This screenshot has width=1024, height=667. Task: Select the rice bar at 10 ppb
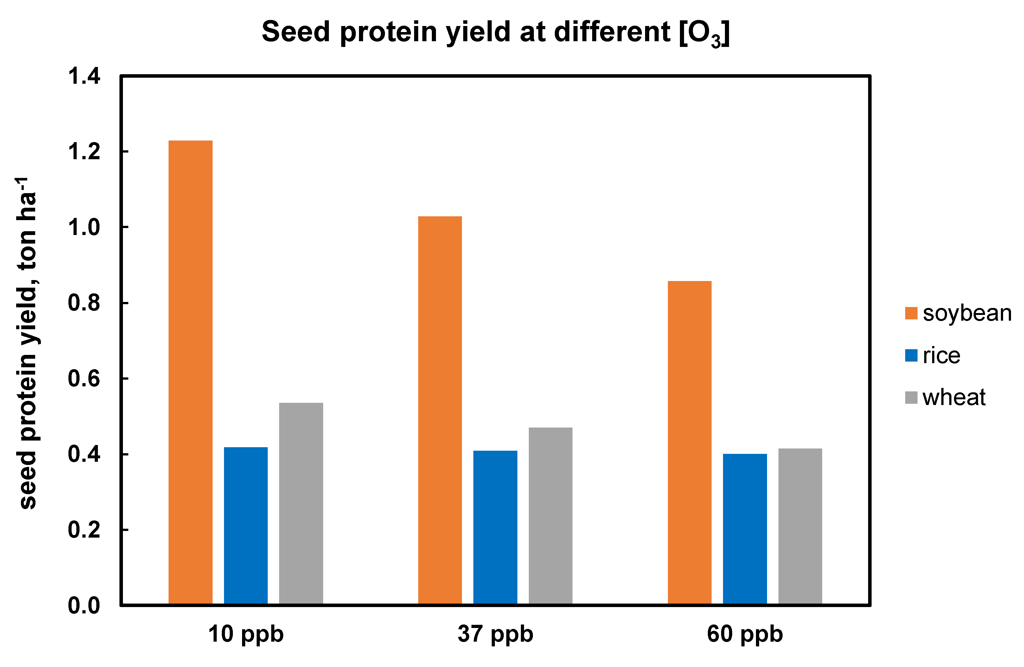tap(246, 526)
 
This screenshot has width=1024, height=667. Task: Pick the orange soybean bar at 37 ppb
tap(440, 410)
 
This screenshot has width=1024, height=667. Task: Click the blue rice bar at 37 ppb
tap(495, 527)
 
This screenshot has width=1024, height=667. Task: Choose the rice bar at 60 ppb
tap(745, 529)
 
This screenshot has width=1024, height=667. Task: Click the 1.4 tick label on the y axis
tap(84, 77)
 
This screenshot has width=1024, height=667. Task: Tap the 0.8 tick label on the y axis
tap(84, 303)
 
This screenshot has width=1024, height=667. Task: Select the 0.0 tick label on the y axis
tap(84, 606)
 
